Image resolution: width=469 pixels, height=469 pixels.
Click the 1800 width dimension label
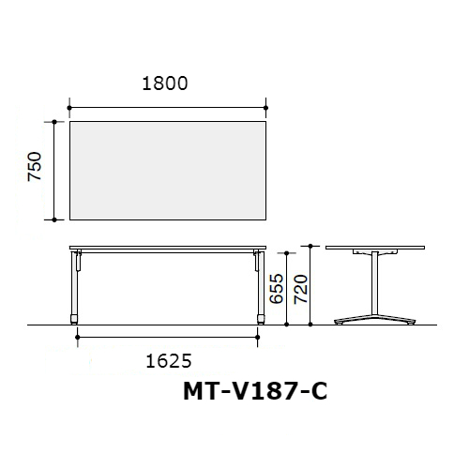(x=165, y=83)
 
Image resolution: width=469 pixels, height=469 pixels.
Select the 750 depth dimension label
(x=35, y=166)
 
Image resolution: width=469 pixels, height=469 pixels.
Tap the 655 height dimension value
(x=277, y=289)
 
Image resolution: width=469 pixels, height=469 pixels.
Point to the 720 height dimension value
(x=301, y=289)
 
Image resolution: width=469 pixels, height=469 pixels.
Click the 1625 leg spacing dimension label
(x=169, y=361)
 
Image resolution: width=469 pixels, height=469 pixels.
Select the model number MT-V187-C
(x=255, y=391)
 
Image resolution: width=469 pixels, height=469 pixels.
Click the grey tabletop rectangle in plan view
(x=168, y=171)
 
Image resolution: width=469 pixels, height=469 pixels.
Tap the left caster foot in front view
(x=74, y=319)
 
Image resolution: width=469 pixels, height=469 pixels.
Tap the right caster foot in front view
(x=261, y=319)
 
